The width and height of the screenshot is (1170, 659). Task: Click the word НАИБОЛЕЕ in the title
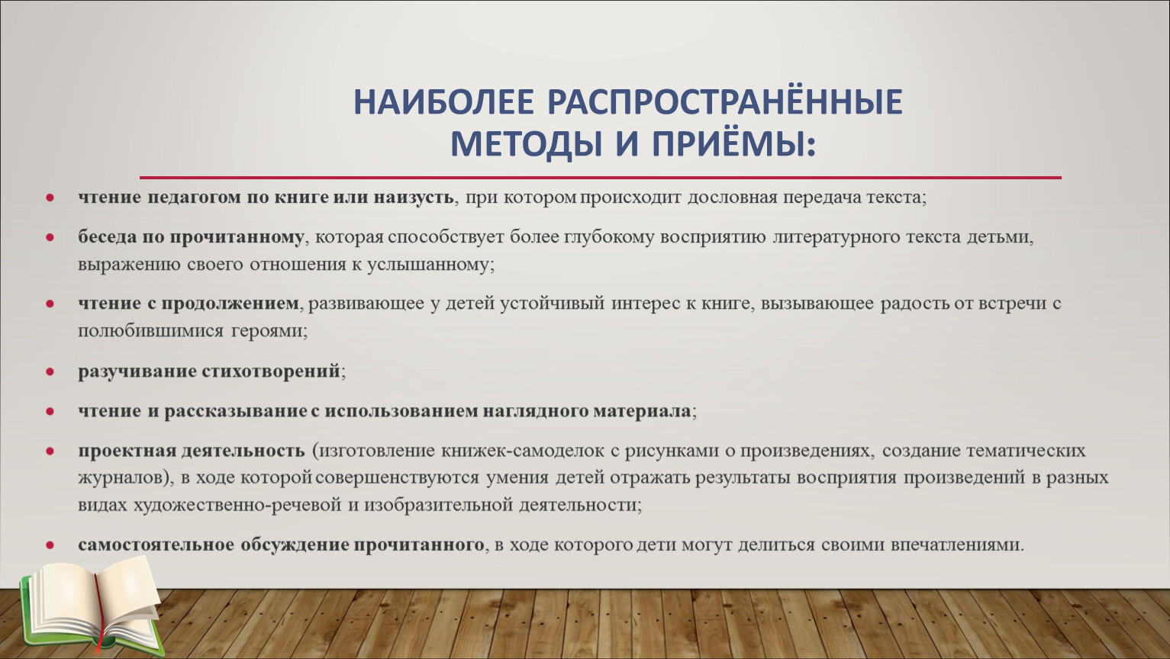click(444, 102)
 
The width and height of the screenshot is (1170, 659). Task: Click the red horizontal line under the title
click(600, 178)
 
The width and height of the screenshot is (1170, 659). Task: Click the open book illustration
click(92, 606)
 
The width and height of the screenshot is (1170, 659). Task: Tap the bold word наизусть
click(413, 198)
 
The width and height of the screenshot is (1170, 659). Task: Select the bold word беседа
click(107, 237)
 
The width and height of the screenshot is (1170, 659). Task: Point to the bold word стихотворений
click(271, 371)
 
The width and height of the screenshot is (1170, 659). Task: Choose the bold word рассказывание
click(236, 411)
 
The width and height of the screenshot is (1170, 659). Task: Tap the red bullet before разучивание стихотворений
click(50, 371)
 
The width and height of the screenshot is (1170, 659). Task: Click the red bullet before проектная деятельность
click(50, 452)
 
